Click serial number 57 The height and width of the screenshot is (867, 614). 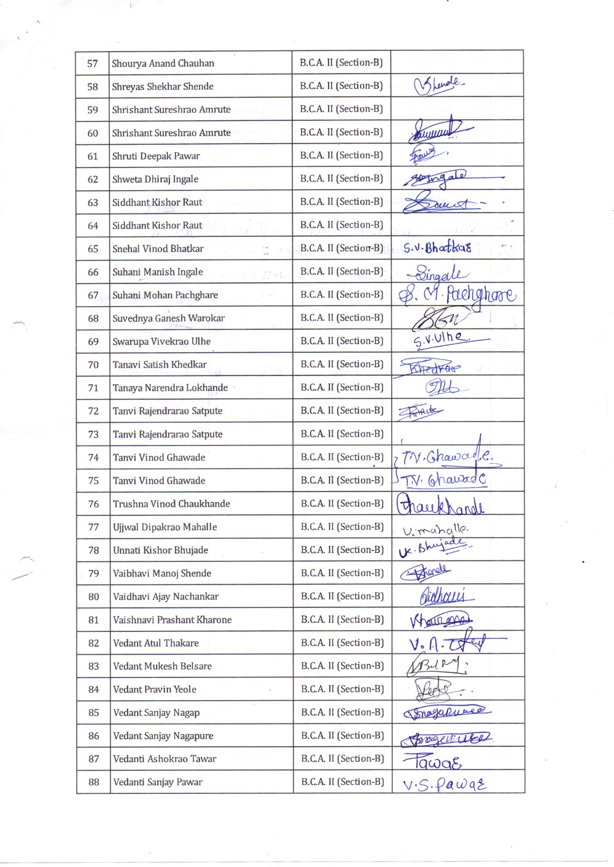[93, 63]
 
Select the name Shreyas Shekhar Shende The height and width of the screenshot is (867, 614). [163, 87]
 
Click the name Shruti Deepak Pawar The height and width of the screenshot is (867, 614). [156, 156]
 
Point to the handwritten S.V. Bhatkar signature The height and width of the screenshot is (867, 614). [437, 248]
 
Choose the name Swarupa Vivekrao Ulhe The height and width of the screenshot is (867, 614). [161, 341]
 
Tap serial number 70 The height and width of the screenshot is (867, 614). [93, 364]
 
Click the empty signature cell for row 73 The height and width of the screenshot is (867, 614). [457, 434]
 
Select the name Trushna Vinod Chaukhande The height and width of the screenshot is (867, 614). [171, 504]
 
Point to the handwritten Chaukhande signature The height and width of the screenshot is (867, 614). [440, 505]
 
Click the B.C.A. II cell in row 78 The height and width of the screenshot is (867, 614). [342, 550]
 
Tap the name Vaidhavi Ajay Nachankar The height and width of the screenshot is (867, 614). [166, 596]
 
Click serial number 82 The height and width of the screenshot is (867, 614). [93, 643]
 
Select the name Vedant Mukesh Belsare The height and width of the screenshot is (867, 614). [162, 666]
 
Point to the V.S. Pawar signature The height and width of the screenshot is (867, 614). [444, 785]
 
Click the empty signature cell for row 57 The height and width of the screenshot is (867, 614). [457, 63]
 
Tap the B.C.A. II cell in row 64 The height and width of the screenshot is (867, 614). [341, 225]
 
